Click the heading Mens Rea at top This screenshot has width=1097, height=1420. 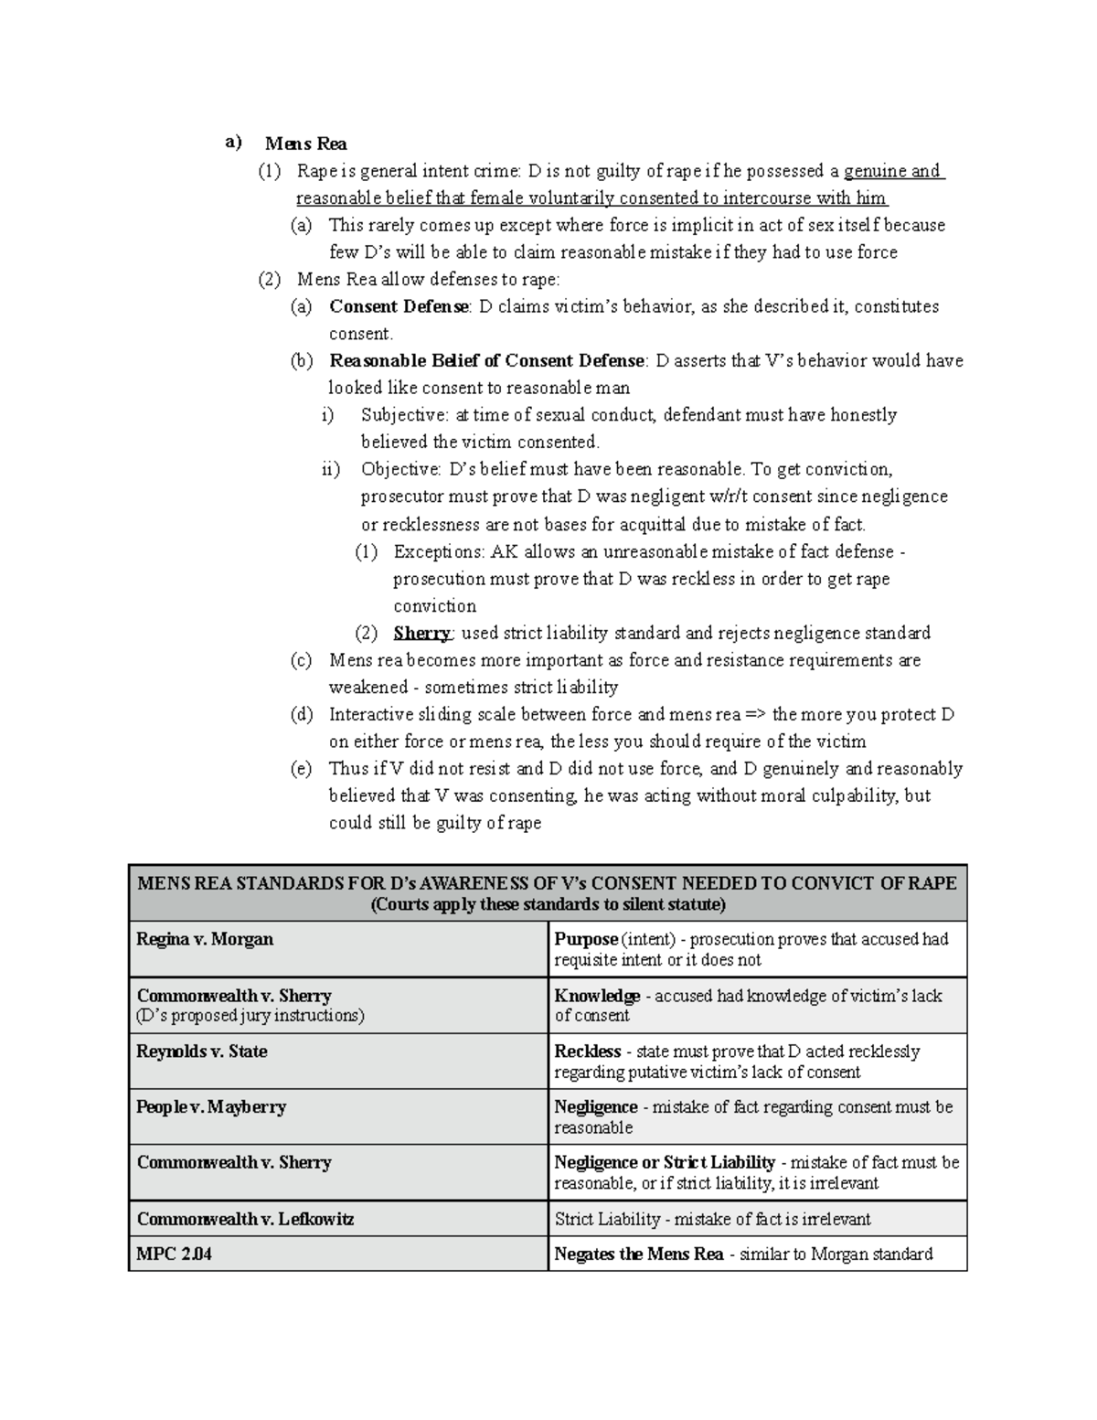(305, 144)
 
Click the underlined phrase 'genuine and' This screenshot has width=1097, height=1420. (893, 171)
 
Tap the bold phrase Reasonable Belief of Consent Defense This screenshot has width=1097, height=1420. (487, 360)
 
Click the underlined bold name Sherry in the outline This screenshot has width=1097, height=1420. (421, 633)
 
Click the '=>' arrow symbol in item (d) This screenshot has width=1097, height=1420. (755, 714)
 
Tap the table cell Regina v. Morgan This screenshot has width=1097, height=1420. (205, 939)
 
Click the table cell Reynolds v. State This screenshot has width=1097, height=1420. (202, 1052)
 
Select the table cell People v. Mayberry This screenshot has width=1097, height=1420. (211, 1107)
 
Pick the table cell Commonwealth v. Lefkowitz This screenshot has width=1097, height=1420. (245, 1219)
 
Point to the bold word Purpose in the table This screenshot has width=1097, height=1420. (586, 939)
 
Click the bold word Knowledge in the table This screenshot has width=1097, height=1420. (597, 996)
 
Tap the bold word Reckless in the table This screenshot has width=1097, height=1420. (588, 1052)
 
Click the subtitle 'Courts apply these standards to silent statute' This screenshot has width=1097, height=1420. (547, 905)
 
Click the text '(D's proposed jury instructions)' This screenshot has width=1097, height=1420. (250, 1016)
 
